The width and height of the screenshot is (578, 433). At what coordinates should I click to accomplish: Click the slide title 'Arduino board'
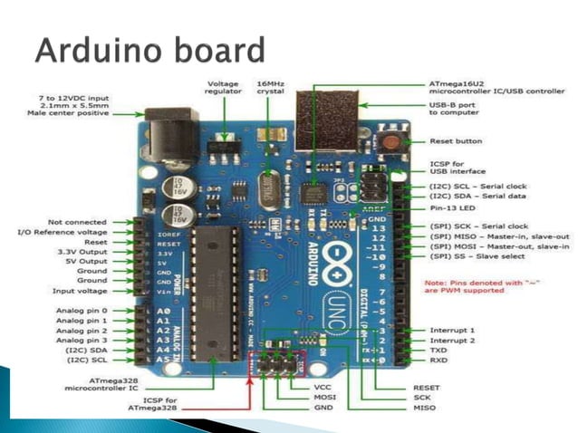tap(149, 49)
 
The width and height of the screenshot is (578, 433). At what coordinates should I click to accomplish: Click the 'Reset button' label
tap(456, 141)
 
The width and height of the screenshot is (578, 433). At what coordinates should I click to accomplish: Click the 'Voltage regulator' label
tap(223, 88)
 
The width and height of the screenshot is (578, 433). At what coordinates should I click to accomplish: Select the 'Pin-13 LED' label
tap(453, 207)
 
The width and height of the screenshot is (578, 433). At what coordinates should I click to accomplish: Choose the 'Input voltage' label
tap(81, 291)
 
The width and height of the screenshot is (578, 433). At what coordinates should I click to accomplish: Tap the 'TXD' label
tap(438, 350)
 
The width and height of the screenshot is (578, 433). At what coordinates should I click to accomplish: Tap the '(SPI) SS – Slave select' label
tap(477, 256)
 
